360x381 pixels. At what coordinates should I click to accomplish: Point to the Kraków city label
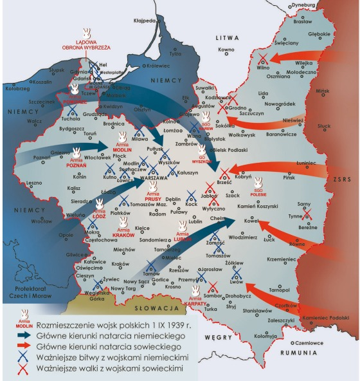(x=120, y=264)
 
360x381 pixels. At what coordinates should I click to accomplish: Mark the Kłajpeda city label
(x=145, y=20)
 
